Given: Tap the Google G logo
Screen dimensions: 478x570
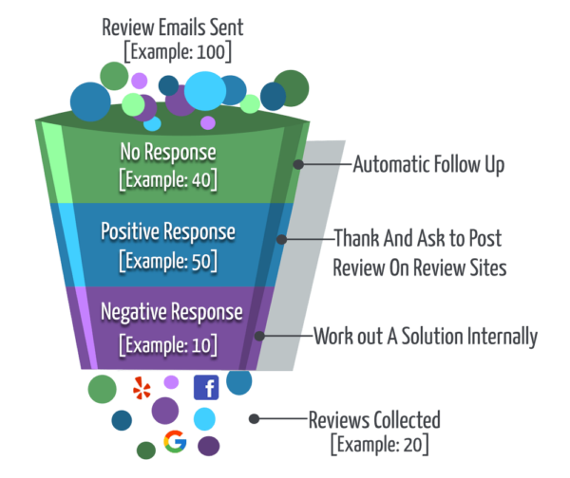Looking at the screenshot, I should click(x=174, y=441).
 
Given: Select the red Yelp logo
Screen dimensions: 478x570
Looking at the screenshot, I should click(x=142, y=388).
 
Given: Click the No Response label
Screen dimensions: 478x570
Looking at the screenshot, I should click(x=168, y=151).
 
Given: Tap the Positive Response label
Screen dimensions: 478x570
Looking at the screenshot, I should click(x=168, y=230).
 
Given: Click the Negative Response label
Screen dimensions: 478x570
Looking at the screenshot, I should click(x=168, y=312).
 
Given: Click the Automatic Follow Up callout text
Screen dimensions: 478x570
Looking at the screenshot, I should click(x=428, y=164).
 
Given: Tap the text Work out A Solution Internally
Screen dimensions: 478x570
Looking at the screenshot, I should click(x=426, y=336).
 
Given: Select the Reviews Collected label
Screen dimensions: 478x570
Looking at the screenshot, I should click(x=374, y=418).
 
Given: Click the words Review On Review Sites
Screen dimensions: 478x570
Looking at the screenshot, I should click(x=419, y=268).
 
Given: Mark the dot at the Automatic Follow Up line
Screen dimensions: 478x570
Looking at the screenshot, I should click(x=298, y=164).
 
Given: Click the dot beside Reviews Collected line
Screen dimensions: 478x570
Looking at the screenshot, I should click(x=254, y=418).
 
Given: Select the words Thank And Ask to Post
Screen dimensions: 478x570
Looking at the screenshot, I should click(x=419, y=240).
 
